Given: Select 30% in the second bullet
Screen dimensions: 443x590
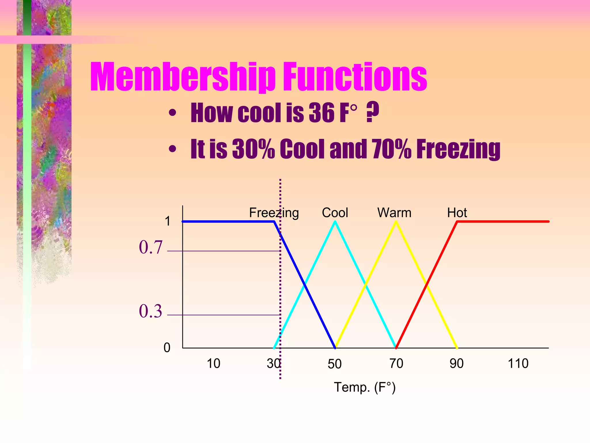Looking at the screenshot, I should pos(253,149).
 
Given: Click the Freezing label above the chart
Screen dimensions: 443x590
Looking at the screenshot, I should pos(274,213).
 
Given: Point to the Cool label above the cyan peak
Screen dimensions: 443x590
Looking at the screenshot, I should pos(335,213).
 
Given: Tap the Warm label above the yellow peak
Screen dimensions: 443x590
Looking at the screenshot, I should pos(394,213).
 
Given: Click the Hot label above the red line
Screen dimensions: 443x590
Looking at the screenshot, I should pos(457,213).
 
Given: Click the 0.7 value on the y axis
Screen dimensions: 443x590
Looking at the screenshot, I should pos(151,247).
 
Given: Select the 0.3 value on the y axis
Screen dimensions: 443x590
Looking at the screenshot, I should pos(151,311).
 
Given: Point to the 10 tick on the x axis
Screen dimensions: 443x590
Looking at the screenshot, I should pos(213,363).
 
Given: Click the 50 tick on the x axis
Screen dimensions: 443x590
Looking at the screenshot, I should pos(334,364).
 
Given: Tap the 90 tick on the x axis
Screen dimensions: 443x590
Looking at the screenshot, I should pos(457,363).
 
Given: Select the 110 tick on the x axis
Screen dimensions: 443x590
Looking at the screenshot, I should pos(518,363).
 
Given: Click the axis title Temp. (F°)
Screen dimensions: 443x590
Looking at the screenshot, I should pos(365,387).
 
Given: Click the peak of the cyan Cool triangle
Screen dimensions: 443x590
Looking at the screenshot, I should pos(335,222).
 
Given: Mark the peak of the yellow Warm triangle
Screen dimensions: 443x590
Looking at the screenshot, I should pos(396,222).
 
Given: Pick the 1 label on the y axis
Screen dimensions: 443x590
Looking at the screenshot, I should pos(168,221).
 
